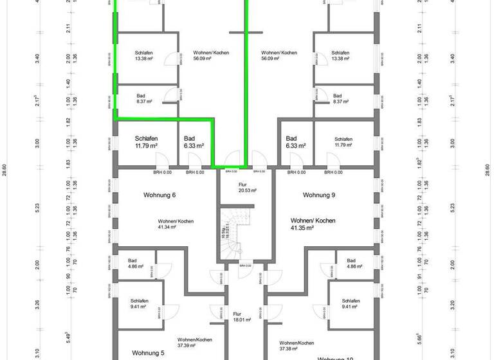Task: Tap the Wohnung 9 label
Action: (x=320, y=195)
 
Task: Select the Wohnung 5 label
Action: (x=149, y=353)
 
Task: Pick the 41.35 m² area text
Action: (x=313, y=228)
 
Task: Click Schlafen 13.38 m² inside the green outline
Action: (x=144, y=56)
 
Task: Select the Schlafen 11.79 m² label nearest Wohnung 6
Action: (x=147, y=142)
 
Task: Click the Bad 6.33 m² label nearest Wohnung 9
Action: (x=296, y=142)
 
